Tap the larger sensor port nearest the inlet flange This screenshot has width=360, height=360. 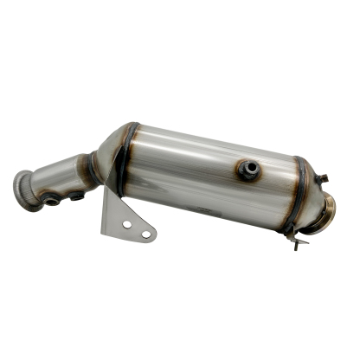tap(52, 199)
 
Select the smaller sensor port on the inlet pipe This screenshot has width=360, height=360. tap(77, 195)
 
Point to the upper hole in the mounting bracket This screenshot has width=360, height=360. tap(126, 224)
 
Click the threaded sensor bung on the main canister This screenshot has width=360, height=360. tap(248, 170)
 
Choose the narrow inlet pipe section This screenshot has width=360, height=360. tap(61, 177)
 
